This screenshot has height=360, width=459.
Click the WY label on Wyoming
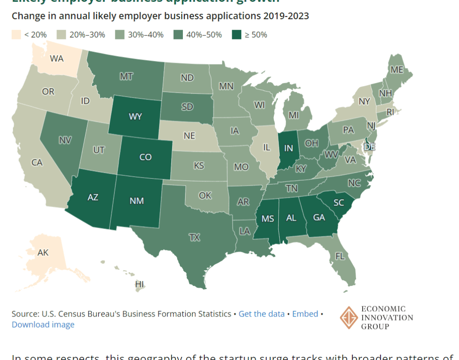coord(135,117)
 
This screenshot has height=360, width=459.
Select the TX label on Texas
coord(194,238)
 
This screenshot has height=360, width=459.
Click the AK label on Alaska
coord(43,253)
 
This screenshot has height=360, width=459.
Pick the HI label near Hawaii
coord(140,284)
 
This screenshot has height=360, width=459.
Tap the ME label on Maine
coord(397,70)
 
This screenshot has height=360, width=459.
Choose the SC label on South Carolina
coord(338,203)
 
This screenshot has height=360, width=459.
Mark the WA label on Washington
coord(56,58)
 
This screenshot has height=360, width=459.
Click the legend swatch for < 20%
coord(16,35)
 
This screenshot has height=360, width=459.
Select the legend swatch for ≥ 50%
coord(236,35)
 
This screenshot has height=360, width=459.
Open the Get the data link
coord(261,314)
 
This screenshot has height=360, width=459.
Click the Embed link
coord(305,314)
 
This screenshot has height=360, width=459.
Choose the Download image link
coord(43,325)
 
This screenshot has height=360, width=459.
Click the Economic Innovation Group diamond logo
coord(349,317)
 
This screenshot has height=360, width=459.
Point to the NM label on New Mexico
coord(137,200)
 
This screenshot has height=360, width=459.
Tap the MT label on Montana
coord(126,77)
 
